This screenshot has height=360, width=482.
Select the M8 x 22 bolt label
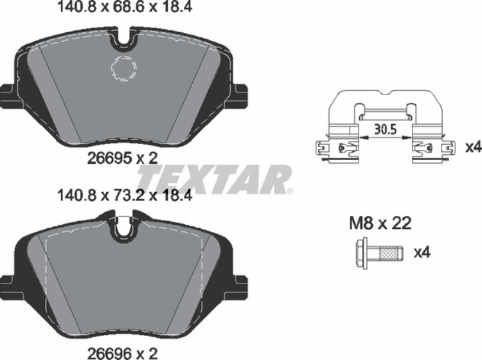click(x=379, y=224)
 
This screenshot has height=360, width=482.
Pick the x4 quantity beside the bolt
click(x=421, y=252)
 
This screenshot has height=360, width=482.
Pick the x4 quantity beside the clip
click(x=472, y=147)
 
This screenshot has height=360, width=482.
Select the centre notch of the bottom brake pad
click(x=124, y=229)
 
